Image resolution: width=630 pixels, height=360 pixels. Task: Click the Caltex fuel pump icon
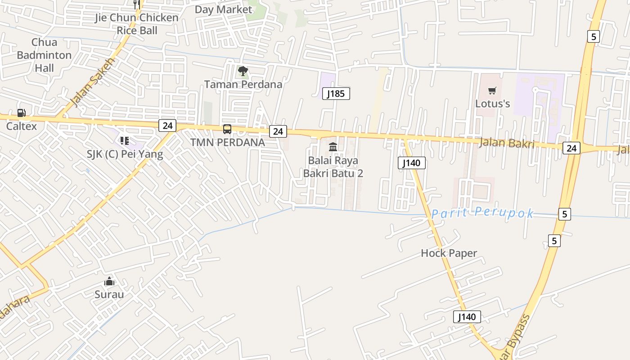coord(21,113)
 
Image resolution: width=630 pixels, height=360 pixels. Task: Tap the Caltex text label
coord(21,126)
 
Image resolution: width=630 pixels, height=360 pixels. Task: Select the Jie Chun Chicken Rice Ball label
coord(136,24)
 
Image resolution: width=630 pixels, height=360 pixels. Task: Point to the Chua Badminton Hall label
coord(44,55)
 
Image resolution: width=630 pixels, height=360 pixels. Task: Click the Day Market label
coord(223,9)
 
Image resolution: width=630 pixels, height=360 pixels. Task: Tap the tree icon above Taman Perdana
coord(243,71)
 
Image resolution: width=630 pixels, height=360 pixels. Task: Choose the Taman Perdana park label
coord(243,84)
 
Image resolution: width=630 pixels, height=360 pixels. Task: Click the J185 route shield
coord(336,94)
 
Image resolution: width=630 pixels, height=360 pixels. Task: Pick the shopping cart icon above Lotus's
coord(492,90)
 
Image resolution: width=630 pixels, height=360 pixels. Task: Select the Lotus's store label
coord(492,103)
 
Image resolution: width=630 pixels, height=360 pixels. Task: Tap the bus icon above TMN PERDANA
coord(227,129)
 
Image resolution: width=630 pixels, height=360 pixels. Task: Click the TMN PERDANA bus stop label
coord(227,142)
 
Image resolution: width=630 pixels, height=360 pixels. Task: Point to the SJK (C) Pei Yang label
coord(125,154)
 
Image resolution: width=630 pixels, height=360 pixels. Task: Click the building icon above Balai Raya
coord(333,147)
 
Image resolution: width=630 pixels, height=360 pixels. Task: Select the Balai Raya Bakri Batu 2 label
coord(333,166)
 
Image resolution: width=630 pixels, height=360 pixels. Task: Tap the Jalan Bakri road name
coord(507,143)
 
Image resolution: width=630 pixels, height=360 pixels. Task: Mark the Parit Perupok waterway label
coord(482,213)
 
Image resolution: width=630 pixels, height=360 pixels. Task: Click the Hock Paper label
coord(449,253)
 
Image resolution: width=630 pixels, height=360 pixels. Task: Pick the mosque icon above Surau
coord(109,282)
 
